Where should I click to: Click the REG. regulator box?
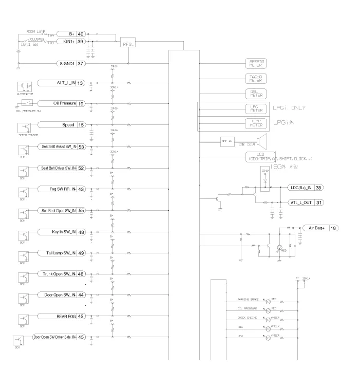tap(128, 44)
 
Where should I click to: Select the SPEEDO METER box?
tap(256, 63)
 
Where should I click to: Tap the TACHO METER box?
tap(256, 78)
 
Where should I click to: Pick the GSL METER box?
tap(256, 94)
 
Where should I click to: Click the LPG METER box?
tap(256, 109)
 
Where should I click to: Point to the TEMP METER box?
tap(256, 124)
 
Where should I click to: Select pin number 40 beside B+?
tap(81, 34)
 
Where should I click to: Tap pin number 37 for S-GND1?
tap(81, 64)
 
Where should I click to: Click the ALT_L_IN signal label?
tap(66, 83)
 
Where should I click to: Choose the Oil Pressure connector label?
tap(64, 104)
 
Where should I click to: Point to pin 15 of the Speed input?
tap(81, 125)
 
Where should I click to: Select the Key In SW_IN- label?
tap(64, 232)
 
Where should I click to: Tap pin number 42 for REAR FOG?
tap(81, 317)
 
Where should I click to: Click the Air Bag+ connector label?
tap(316, 228)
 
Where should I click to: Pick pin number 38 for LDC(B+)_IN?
tap(319, 188)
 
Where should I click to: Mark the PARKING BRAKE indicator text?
tap(247, 299)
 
